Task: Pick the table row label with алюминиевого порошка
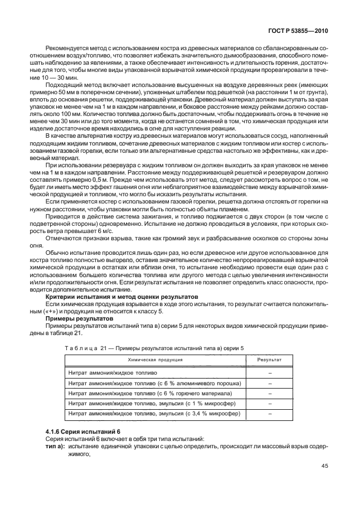tap(154, 383)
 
